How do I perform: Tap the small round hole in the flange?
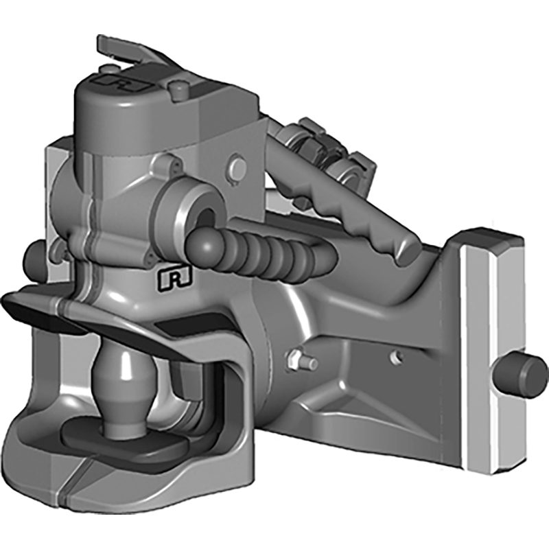395,356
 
